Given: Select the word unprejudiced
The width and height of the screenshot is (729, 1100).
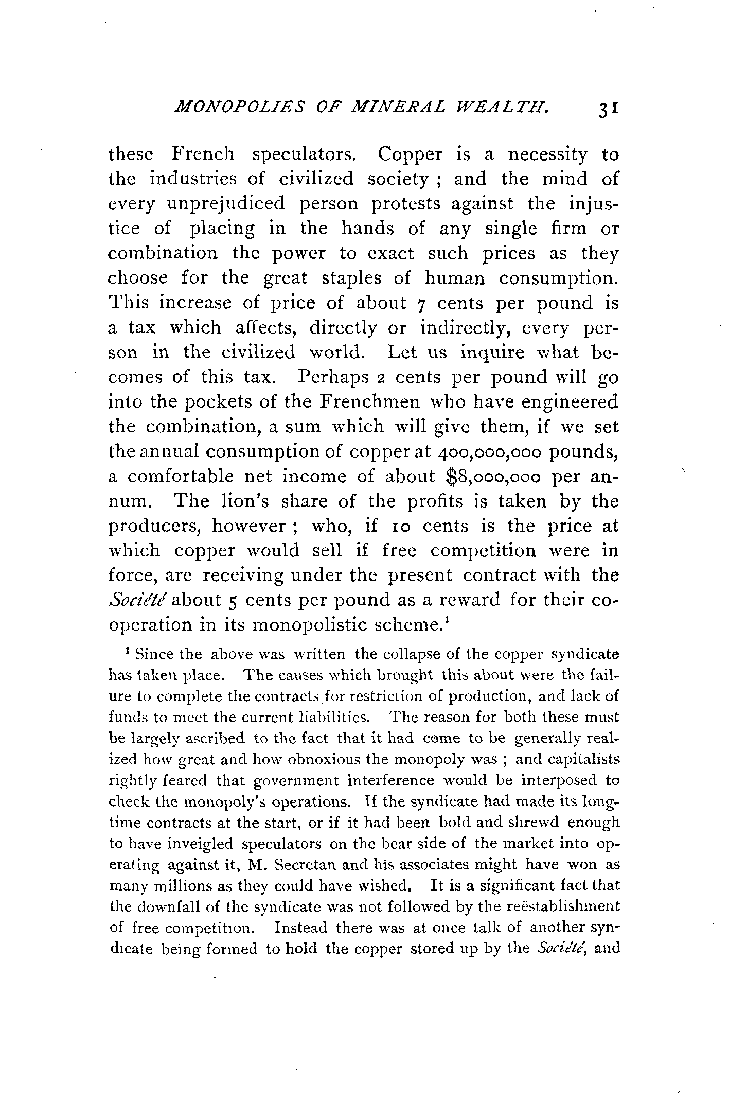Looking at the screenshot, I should [x=226, y=204].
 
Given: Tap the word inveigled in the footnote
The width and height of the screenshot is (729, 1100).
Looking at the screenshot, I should [x=195, y=844].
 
